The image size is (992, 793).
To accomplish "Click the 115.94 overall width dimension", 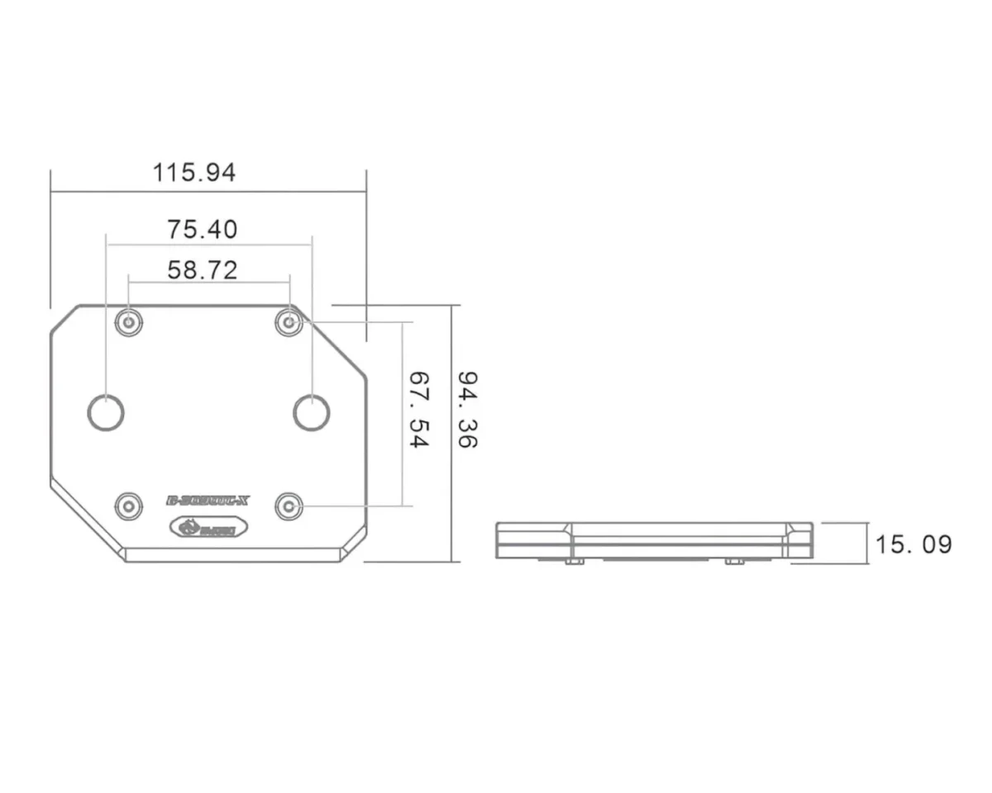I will pos(194,173).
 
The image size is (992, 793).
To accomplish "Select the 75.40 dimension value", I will pos(203,229).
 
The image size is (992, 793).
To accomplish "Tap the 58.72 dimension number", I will pos(203,270).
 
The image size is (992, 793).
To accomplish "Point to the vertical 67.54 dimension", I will pos(420,410).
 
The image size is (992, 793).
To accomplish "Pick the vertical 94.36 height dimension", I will pos(468,410).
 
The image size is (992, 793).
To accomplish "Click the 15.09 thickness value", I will pos(913,544).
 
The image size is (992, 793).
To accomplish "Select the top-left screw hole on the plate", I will pos(128,322).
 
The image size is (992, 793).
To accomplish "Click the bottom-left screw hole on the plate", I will pos(128,505).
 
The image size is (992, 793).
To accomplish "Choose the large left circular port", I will pos(106,412).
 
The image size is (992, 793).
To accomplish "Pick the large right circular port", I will pos(312,412).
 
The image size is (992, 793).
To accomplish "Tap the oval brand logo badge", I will pos(203,527).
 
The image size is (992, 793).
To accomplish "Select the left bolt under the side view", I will pos(575,561).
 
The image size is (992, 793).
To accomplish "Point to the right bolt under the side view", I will pos(733,561).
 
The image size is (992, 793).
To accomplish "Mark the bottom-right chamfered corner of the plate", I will pos(353,547).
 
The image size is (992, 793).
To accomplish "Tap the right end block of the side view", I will pos(800,540).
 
